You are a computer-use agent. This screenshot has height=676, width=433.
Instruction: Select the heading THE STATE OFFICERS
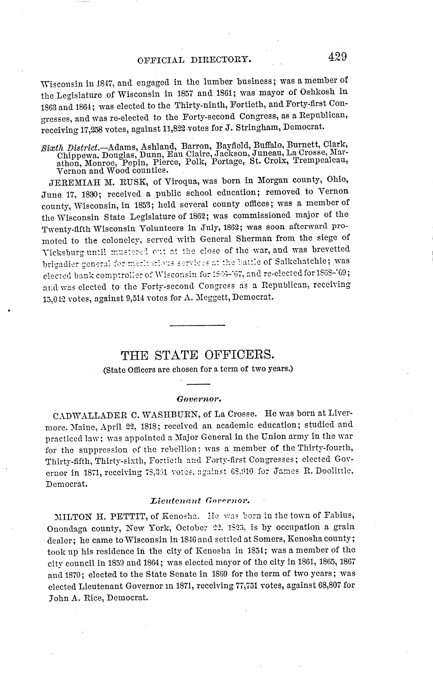pyautogui.click(x=197, y=355)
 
